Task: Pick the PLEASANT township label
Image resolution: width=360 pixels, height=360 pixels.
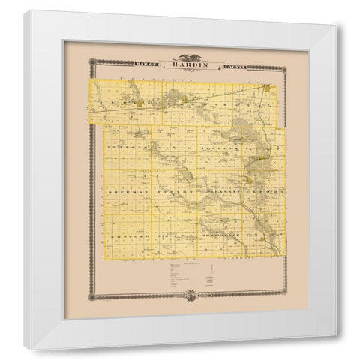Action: coord(217,193)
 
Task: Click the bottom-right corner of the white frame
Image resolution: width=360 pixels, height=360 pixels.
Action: coord(335,333)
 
